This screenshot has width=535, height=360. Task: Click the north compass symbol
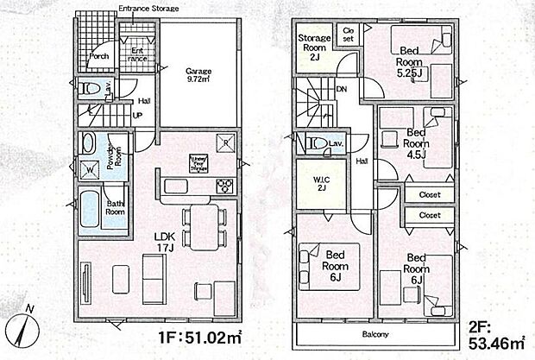[x=22, y=330]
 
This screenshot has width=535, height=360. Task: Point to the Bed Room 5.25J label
[x=410, y=66]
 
